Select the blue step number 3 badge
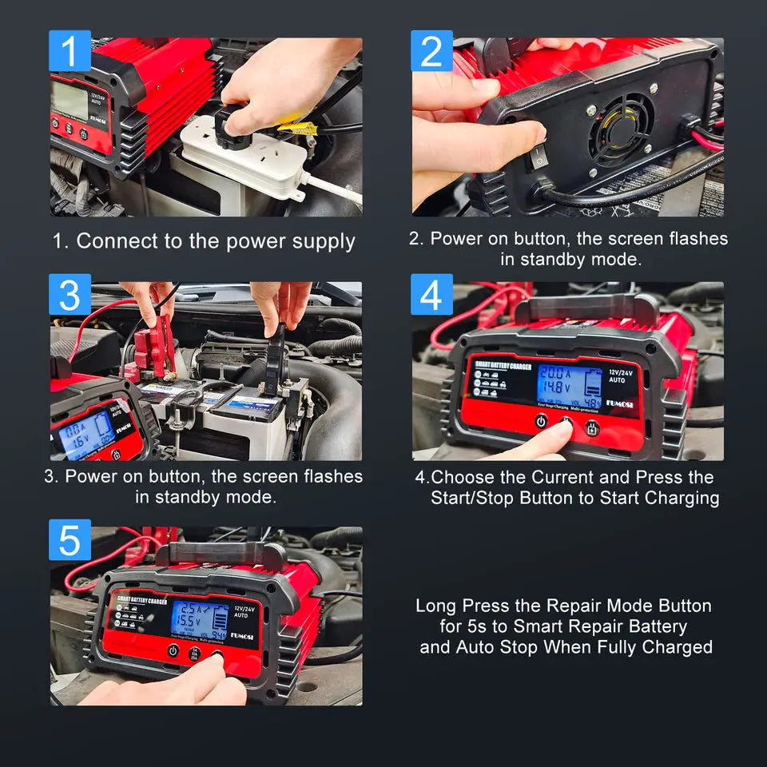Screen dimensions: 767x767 pyautogui.click(x=70, y=295)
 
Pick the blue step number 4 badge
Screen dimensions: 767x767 pyautogui.click(x=431, y=295)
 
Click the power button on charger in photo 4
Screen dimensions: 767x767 pyautogui.click(x=541, y=421)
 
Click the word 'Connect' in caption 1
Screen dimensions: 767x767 pyautogui.click(x=117, y=241)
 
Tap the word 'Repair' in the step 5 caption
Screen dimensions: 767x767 pyautogui.click(x=566, y=606)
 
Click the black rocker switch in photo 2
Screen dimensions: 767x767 pyautogui.click(x=539, y=158)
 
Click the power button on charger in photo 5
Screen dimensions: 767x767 pyautogui.click(x=173, y=650)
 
